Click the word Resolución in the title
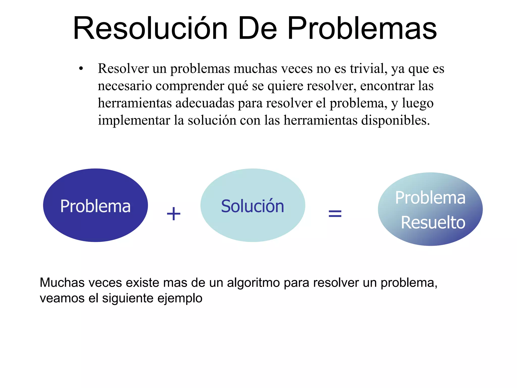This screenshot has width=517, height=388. tap(150, 28)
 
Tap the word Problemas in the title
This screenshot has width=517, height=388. tap(362, 28)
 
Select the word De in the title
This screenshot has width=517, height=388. tap(257, 28)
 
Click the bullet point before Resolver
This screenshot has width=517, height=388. tap(81, 69)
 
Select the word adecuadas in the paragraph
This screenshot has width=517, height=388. tap(205, 103)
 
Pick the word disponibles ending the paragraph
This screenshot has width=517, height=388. tap(395, 120)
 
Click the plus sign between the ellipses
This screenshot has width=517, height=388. tap(174, 214)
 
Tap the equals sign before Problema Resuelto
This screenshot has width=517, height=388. tap(335, 214)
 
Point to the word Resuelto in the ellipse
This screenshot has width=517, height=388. tap(433, 223)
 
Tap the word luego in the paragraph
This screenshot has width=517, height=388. tap(418, 103)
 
